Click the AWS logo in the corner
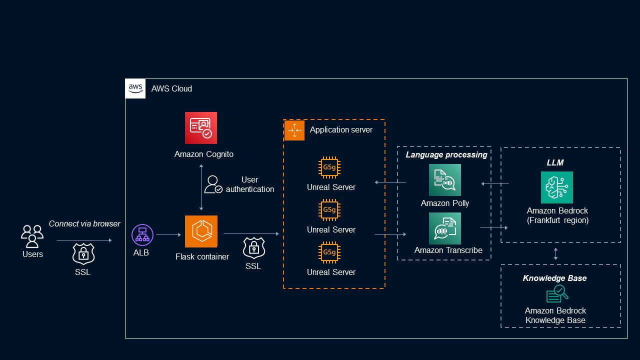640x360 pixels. pyautogui.click(x=135, y=88)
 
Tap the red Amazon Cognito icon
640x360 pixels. pyautogui.click(x=201, y=128)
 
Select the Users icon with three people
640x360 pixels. pyautogui.click(x=32, y=236)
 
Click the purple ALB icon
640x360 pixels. pyautogui.click(x=142, y=235)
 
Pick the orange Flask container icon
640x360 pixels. pyautogui.click(x=201, y=231)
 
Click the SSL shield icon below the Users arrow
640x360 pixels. pyautogui.click(x=83, y=254)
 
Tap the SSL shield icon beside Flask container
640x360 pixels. pyautogui.click(x=253, y=248)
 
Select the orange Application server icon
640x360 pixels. pyautogui.click(x=294, y=130)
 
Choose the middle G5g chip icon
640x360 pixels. pyautogui.click(x=329, y=210)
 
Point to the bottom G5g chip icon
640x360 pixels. pyautogui.click(x=329, y=253)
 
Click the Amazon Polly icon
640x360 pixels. pyautogui.click(x=445, y=180)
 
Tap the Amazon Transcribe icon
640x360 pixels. pyautogui.click(x=445, y=228)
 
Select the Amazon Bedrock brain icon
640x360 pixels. pyautogui.click(x=557, y=187)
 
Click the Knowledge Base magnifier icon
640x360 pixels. pyautogui.click(x=556, y=294)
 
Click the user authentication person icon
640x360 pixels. pyautogui.click(x=213, y=184)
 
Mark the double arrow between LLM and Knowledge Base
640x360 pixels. pyautogui.click(x=556, y=253)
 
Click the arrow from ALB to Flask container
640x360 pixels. pyautogui.click(x=168, y=234)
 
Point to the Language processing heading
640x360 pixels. pyautogui.click(x=446, y=155)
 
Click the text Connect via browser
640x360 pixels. pyautogui.click(x=84, y=223)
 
